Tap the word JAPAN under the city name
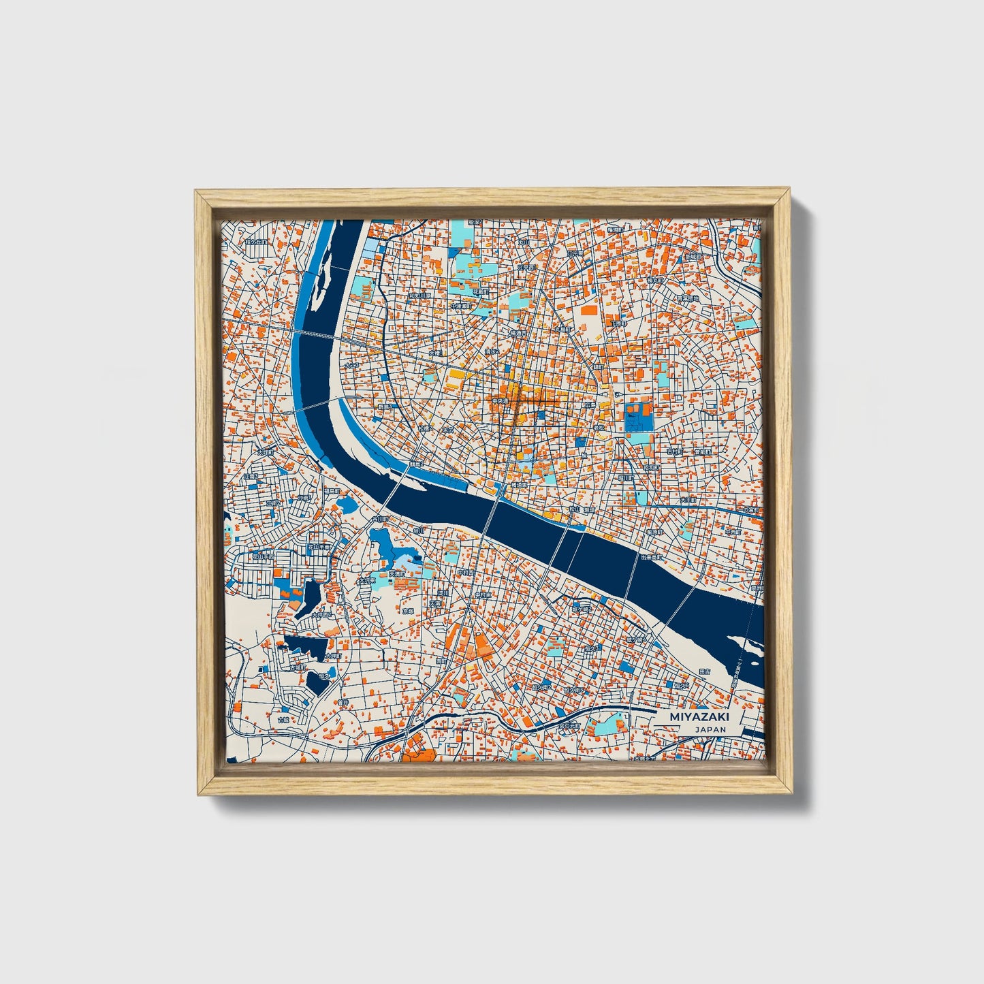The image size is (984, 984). click(710, 729)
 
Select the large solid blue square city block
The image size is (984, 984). click(639, 417)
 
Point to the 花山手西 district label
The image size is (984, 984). click(263, 556)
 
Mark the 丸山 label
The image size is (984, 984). click(524, 242)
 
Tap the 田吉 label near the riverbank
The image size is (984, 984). click(704, 672)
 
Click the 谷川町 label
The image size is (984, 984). click(379, 520)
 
